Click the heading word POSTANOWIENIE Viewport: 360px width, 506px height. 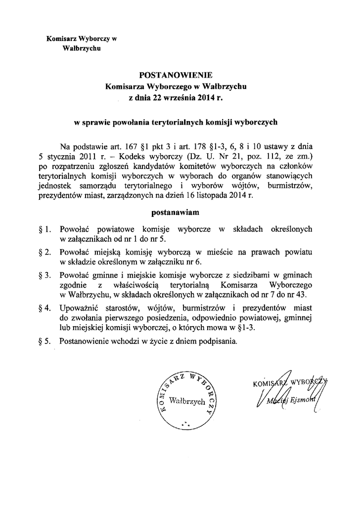pyautogui.click(x=176, y=76)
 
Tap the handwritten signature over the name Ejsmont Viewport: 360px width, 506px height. pyautogui.click(x=289, y=390)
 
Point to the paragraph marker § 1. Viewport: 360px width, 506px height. pyautogui.click(x=45, y=230)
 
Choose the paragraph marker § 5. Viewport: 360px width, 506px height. pyautogui.click(x=45, y=340)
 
